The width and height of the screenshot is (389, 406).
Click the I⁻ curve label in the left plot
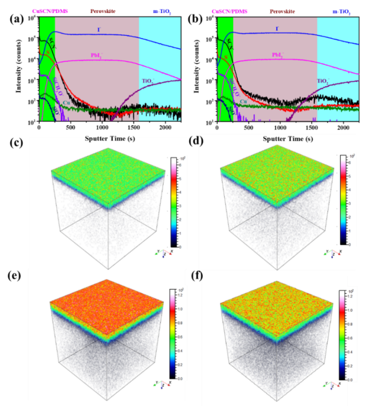pos(98,29)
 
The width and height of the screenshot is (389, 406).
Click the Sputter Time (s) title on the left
pos(106,139)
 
